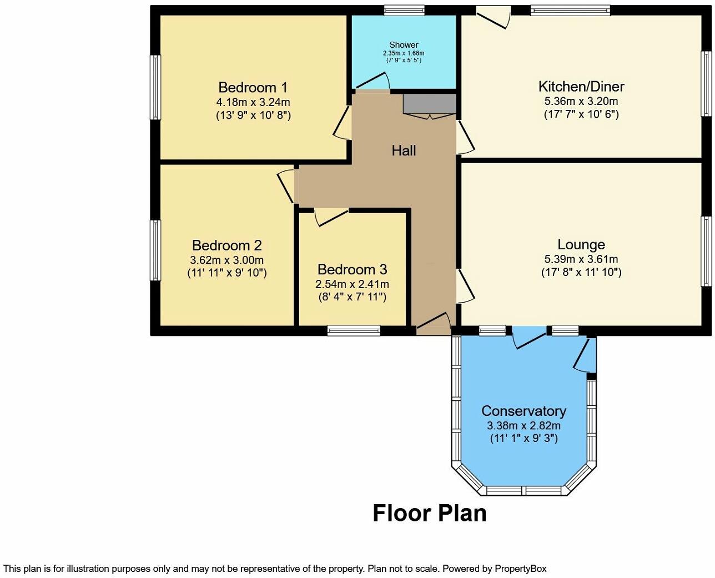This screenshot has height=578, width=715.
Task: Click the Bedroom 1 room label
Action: [x=253, y=87]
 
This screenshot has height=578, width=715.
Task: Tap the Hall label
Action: [x=404, y=150]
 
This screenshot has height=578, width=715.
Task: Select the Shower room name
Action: [x=404, y=44]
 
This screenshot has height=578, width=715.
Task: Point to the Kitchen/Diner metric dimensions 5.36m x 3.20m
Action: [x=581, y=101]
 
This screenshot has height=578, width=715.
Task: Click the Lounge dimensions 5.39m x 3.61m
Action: [x=581, y=259]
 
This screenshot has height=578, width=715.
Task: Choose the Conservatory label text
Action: [x=523, y=411]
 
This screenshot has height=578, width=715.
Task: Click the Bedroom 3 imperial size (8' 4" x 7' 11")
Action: [x=352, y=296]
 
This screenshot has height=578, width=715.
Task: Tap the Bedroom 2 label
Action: [x=226, y=245]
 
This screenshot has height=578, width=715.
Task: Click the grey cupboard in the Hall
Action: [x=429, y=104]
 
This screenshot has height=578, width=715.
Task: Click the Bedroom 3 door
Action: [x=331, y=217]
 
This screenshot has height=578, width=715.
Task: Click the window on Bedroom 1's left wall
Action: [x=156, y=87]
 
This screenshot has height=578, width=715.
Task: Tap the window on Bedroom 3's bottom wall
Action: [x=354, y=331]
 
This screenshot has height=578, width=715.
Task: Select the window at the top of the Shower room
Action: [x=404, y=9]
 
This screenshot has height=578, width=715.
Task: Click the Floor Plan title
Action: [x=429, y=513]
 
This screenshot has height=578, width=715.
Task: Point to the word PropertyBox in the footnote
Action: [x=520, y=569]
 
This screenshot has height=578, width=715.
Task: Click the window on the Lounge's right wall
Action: [x=707, y=250]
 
